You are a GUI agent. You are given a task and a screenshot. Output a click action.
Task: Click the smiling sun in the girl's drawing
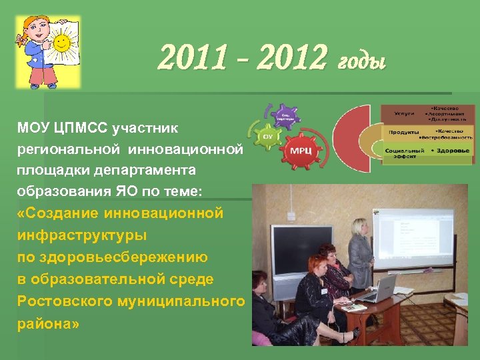tap(62, 45)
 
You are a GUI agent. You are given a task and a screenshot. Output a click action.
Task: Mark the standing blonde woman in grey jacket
tap(360, 253)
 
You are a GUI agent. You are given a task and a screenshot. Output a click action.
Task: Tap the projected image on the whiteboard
tap(411, 237)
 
